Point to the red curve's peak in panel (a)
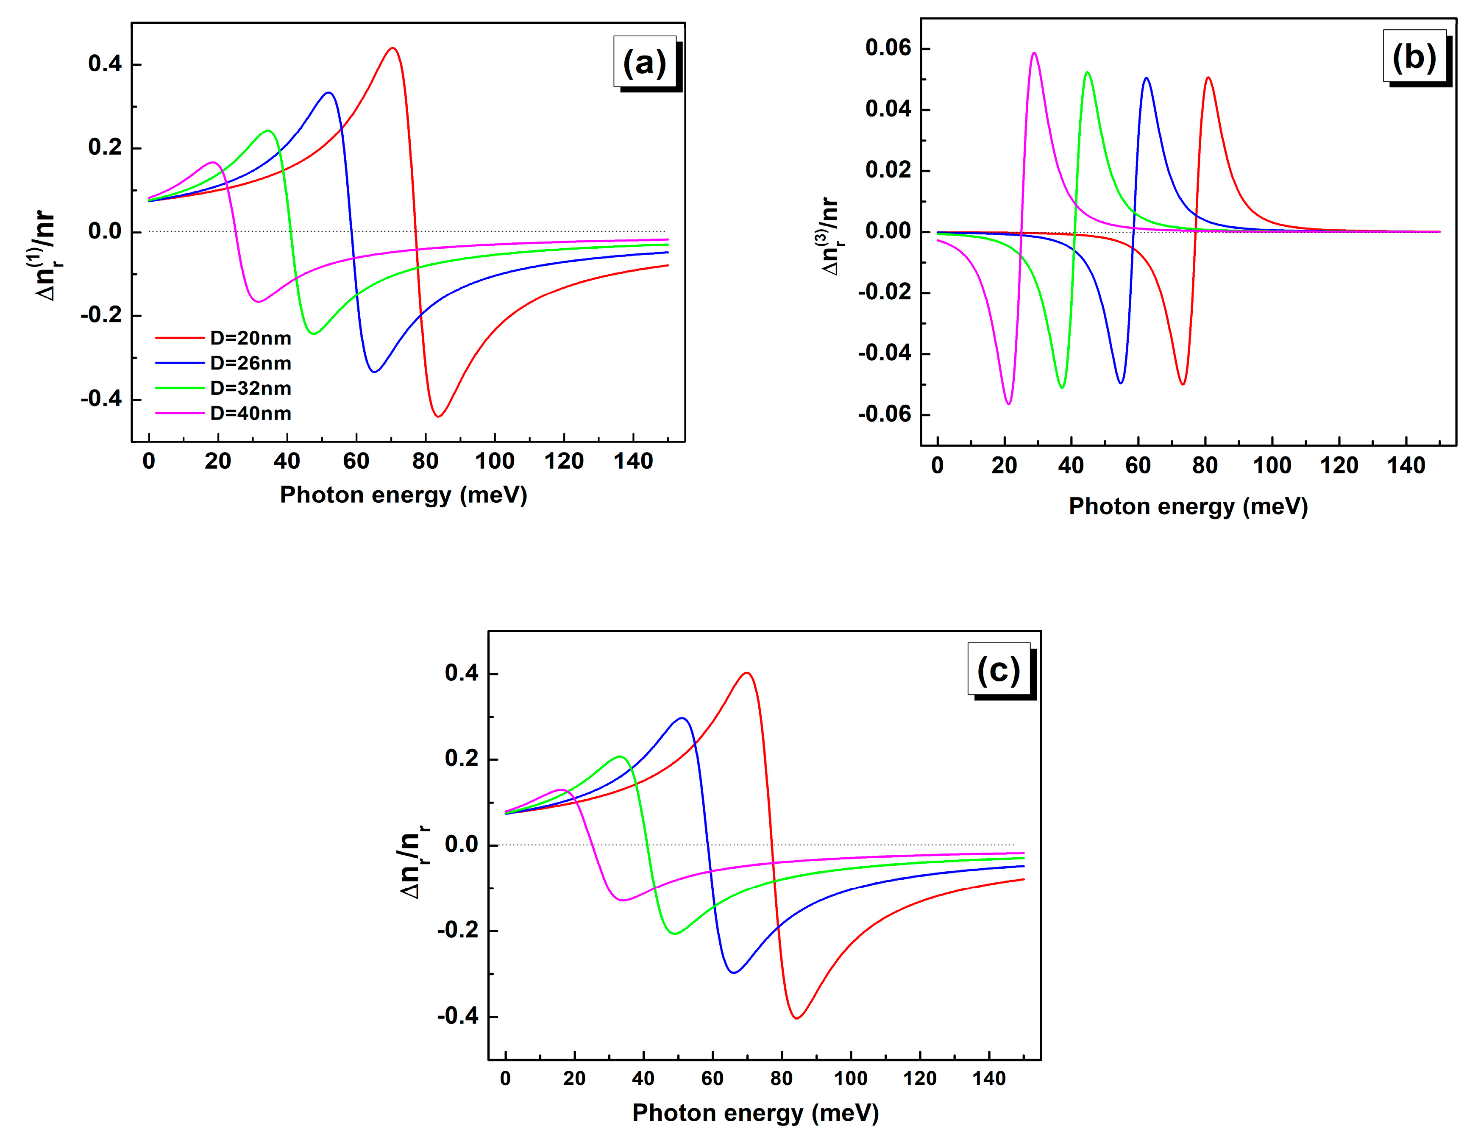[x=392, y=48]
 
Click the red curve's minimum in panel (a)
[x=438, y=416]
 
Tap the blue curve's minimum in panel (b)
[x=1121, y=383]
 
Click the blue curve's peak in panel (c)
[x=682, y=718]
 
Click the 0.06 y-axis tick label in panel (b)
[x=888, y=47]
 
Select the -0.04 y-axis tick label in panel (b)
[x=884, y=353]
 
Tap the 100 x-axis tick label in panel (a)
[x=495, y=461]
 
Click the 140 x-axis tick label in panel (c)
[x=989, y=1079]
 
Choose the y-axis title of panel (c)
[x=414, y=862]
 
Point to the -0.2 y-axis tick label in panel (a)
[x=101, y=315]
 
